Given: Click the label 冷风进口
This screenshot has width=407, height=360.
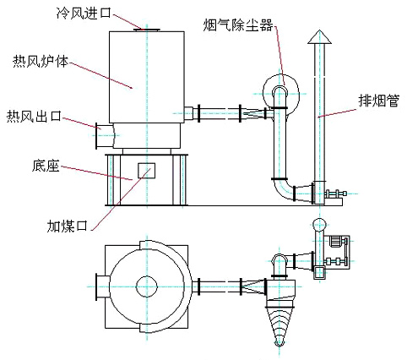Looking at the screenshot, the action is click(84, 13).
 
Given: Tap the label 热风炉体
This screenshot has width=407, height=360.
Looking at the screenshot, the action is click(41, 61).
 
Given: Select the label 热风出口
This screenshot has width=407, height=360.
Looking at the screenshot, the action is click(34, 116).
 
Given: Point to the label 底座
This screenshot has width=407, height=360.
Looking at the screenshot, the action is click(46, 166).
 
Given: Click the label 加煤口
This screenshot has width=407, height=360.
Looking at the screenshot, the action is click(68, 226).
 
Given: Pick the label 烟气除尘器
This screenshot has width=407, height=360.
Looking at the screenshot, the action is click(238, 25).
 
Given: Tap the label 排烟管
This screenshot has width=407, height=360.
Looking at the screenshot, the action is click(379, 100).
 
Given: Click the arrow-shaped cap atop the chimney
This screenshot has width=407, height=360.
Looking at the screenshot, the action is click(319, 37).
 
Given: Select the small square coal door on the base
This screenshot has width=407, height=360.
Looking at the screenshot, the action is click(146, 171).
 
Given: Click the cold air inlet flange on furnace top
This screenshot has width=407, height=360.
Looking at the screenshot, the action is click(147, 30).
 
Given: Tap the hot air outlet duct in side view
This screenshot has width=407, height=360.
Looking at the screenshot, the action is click(105, 135).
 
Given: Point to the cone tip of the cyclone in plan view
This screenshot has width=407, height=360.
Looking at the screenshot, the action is click(279, 343).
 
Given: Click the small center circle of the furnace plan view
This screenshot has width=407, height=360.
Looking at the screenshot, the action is click(146, 286).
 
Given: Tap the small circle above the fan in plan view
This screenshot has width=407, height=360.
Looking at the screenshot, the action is click(319, 225).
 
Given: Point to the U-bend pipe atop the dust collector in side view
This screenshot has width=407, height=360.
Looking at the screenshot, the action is click(279, 93).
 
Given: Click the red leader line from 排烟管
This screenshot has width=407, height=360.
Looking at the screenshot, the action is click(337, 113).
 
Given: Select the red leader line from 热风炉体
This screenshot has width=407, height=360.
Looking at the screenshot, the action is click(100, 75).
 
